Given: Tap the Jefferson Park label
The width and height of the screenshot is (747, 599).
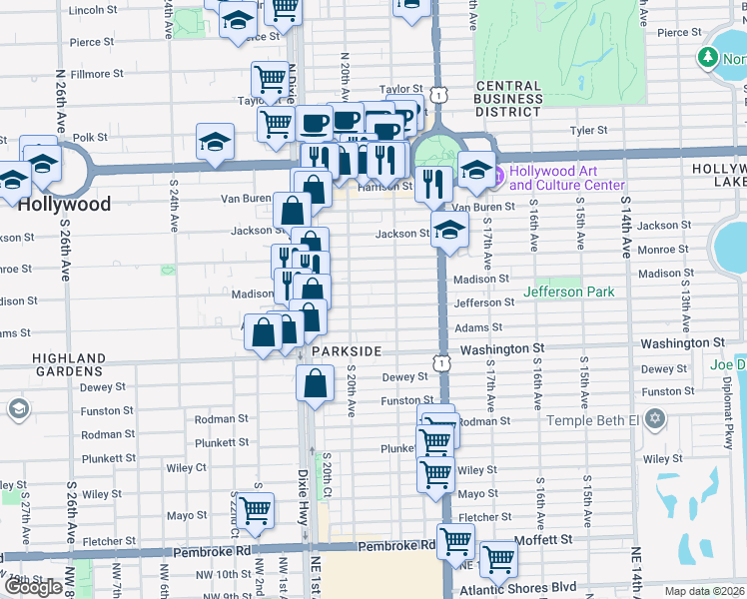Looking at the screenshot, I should coord(568,292).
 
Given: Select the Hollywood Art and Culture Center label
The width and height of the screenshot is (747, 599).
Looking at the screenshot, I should coord(566,178).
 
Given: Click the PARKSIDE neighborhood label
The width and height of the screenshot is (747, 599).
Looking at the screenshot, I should coord(347,352).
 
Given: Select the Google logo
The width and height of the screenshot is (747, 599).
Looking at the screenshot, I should coord(33,587).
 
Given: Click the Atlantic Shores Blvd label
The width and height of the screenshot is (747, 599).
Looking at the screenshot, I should coord(535,587).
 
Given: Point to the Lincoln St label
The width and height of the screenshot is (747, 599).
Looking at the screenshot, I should coord(95,10).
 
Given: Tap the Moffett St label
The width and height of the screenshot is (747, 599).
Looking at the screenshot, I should coord(545,538).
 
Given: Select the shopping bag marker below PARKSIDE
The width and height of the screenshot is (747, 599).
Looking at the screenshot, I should coord(316,383).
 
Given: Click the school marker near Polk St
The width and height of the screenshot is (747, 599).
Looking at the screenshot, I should coord(215,142).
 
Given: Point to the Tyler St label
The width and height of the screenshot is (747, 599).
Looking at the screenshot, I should coord(588,131).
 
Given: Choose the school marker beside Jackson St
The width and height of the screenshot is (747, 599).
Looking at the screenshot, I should coord(449,230).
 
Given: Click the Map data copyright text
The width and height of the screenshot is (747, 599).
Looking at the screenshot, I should coord(706,591).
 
